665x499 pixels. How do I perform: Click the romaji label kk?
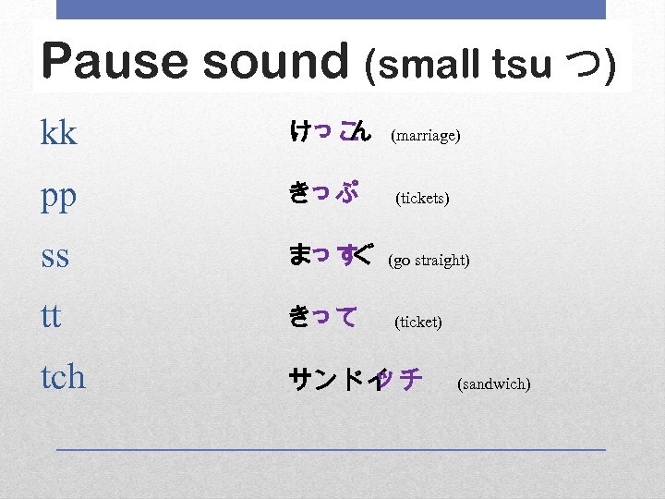[x=59, y=135]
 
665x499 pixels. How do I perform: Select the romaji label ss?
[x=55, y=257]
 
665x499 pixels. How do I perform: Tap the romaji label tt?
[x=51, y=317]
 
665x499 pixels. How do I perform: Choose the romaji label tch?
[x=63, y=376]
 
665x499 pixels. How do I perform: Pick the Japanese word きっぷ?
[x=323, y=194]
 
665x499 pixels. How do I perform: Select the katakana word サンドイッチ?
[x=356, y=379]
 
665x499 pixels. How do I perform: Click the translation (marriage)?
[x=426, y=137]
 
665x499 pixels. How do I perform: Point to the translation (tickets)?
[x=422, y=199]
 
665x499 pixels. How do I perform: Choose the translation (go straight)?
[x=429, y=261]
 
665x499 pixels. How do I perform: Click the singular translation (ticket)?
[x=417, y=323]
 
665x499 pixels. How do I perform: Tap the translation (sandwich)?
[x=493, y=383]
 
